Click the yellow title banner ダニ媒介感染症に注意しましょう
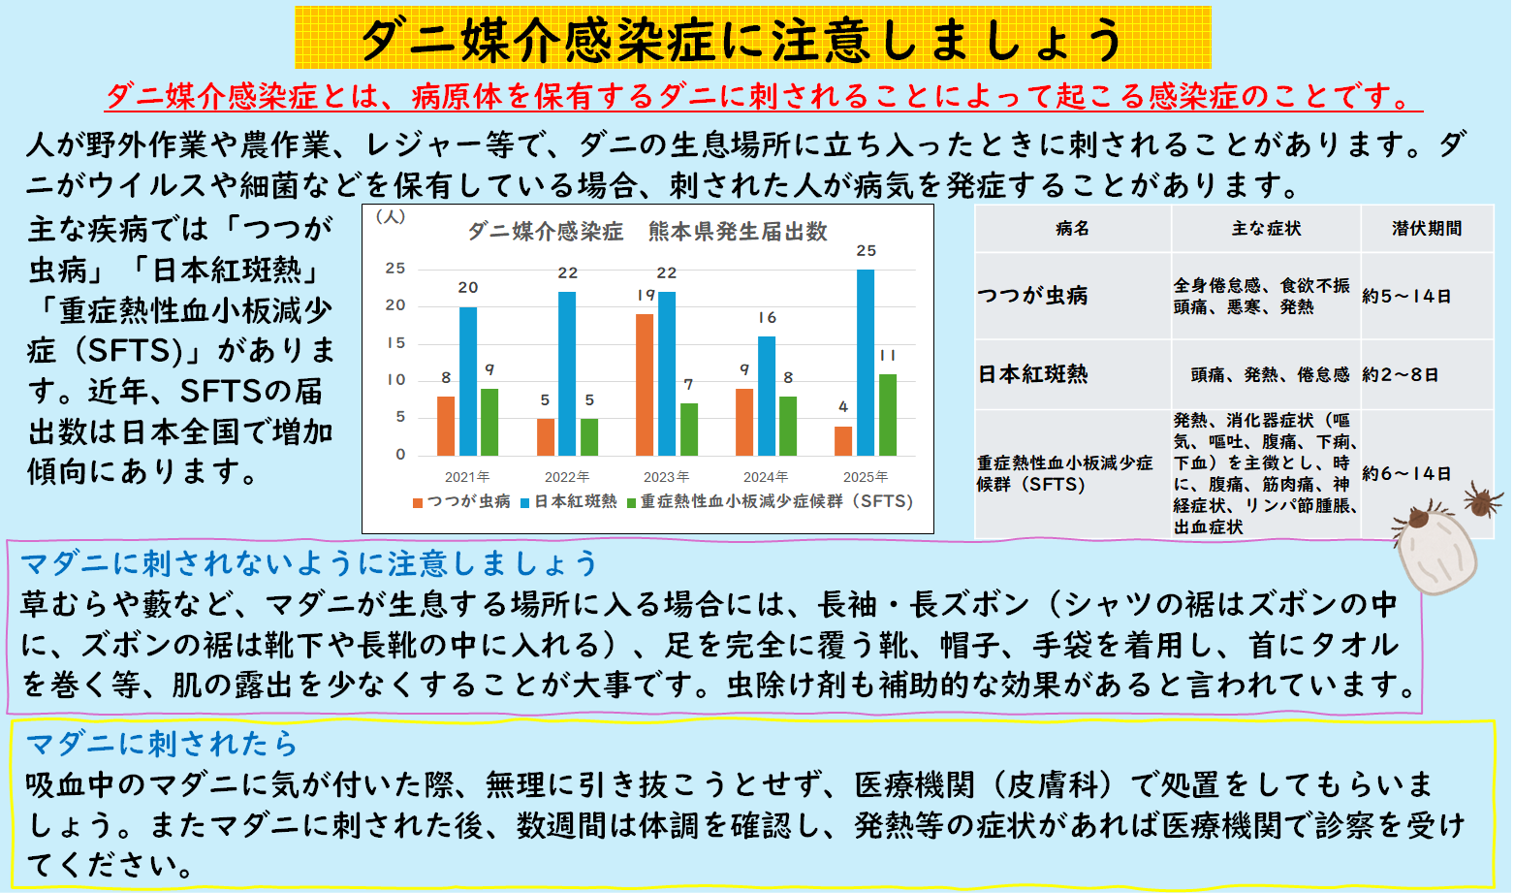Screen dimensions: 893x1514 click(x=752, y=39)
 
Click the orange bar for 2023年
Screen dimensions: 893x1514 click(x=645, y=385)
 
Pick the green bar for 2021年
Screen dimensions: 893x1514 click(x=489, y=423)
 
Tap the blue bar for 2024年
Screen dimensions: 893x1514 click(x=767, y=397)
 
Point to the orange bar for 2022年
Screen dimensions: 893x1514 click(x=546, y=437)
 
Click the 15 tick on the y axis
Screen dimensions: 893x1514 click(x=395, y=343)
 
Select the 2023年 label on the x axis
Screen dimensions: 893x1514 click(x=666, y=477)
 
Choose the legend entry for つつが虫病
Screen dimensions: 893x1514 click(x=462, y=501)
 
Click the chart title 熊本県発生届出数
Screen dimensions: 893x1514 click(x=738, y=232)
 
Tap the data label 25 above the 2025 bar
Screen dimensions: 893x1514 click(x=866, y=251)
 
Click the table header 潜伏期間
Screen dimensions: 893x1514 click(x=1427, y=229)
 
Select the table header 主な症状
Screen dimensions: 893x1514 click(x=1266, y=229)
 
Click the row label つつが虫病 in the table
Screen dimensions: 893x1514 click(x=1033, y=296)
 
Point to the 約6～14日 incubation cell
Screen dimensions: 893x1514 click(x=1406, y=474)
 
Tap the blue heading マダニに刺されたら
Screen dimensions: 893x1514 click(x=162, y=744)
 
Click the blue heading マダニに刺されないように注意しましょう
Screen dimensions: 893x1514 click(x=309, y=563)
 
